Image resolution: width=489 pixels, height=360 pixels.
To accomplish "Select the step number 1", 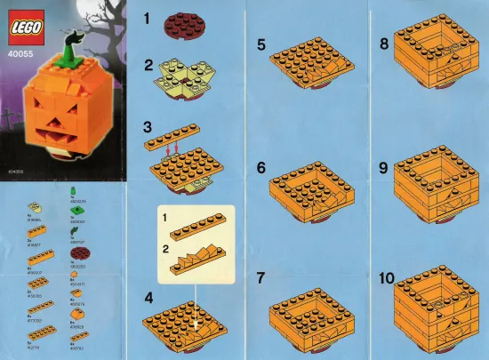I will pyautogui.click(x=150, y=17).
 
